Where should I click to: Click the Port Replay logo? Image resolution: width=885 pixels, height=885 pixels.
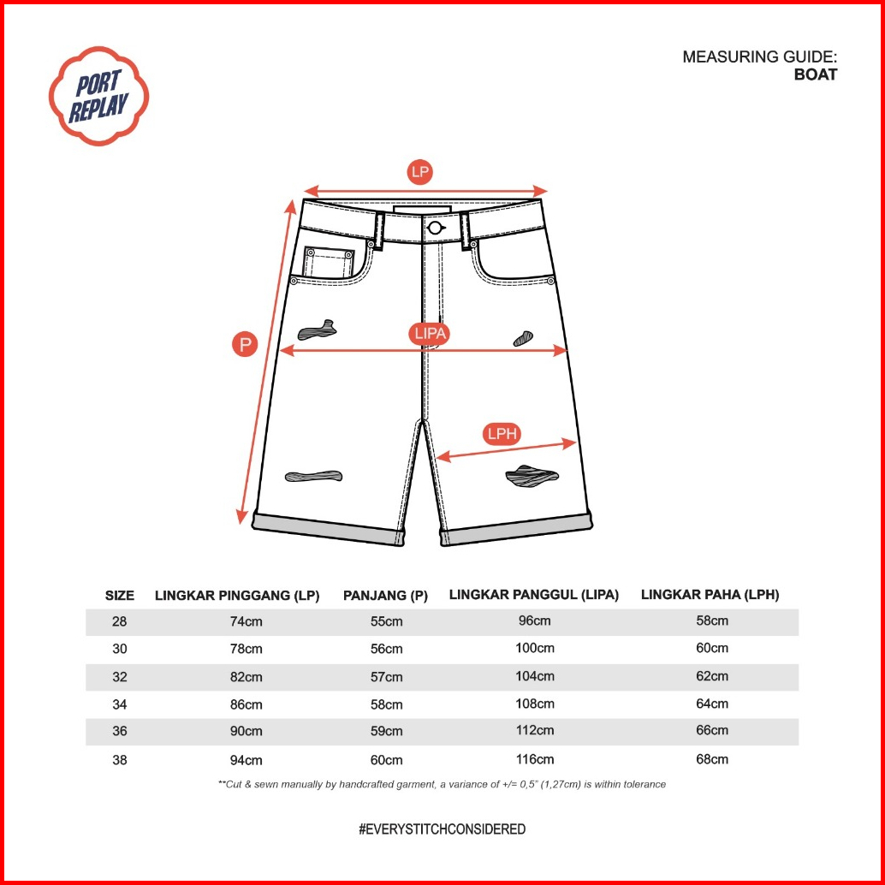(98, 96)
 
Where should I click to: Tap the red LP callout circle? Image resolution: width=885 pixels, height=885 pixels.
(420, 171)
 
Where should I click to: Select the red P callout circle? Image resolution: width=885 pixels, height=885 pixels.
(245, 344)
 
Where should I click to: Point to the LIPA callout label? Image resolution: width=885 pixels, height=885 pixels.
(430, 333)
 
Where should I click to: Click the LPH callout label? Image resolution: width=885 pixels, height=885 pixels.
(502, 433)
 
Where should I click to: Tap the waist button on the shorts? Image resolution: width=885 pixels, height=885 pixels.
(434, 228)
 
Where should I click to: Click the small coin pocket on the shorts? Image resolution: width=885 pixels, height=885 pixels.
(329, 263)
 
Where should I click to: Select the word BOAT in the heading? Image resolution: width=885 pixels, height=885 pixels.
(816, 74)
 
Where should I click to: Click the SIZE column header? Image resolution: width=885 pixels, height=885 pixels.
(120, 596)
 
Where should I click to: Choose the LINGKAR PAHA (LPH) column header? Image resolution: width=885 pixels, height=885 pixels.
(710, 594)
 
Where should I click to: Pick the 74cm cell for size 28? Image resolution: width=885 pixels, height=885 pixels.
(246, 621)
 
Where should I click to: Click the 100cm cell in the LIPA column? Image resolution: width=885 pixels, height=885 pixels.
(534, 648)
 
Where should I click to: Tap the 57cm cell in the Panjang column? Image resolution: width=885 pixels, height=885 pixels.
(387, 677)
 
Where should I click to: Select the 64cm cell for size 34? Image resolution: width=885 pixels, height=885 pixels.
(712, 704)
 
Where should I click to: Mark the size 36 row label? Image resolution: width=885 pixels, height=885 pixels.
(120, 731)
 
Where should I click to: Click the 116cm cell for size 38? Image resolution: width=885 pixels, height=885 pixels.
(534, 759)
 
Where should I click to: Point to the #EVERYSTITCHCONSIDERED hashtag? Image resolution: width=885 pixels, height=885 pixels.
(442, 829)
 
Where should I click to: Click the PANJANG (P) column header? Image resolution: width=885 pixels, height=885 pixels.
(385, 596)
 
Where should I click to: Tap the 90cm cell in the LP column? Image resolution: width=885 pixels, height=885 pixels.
(246, 731)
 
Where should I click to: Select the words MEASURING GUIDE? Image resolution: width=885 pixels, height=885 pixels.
(760, 56)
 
